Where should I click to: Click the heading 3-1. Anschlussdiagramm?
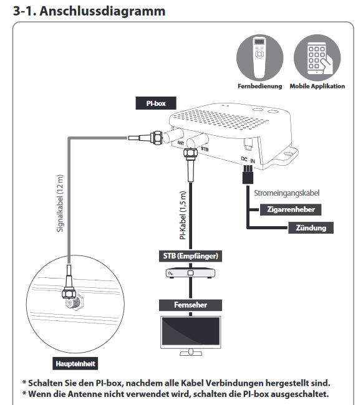click(89, 11)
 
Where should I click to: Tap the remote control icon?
click(259, 58)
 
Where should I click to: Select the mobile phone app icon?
click(317, 58)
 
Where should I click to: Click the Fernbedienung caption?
click(260, 86)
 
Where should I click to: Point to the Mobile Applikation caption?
click(317, 86)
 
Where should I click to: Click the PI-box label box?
click(156, 103)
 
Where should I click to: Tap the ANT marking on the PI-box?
click(181, 143)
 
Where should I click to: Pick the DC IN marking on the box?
click(248, 160)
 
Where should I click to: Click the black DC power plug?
click(248, 174)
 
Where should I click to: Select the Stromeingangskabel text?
click(286, 193)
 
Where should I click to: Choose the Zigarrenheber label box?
click(291, 209)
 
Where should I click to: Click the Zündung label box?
click(311, 228)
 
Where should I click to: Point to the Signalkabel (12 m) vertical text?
click(60, 203)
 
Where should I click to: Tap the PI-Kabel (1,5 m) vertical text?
click(183, 215)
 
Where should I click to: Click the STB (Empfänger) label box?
click(191, 256)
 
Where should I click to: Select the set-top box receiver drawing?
click(191, 274)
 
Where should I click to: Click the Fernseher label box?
click(191, 305)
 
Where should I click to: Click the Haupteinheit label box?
click(75, 364)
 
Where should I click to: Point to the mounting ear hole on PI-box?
click(288, 154)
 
